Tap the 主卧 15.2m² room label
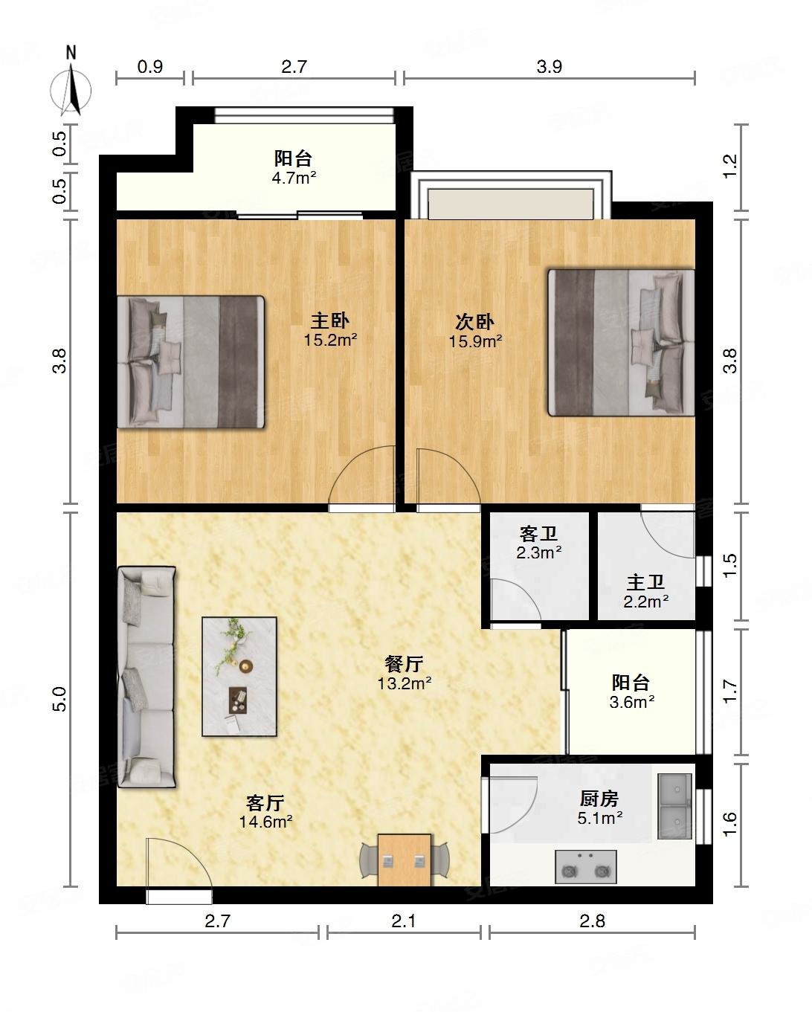(x=330, y=330)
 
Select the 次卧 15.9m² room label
(x=475, y=332)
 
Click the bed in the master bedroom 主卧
(x=190, y=361)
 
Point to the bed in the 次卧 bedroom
(x=622, y=342)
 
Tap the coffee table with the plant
(x=239, y=676)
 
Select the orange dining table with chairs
(x=405, y=860)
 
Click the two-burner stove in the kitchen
(x=586, y=866)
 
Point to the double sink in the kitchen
(x=675, y=807)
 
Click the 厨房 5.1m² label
(x=600, y=808)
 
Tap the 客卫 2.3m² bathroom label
(x=538, y=543)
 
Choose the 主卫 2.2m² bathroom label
(x=646, y=592)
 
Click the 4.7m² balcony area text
(x=294, y=178)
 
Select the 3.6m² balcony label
(x=632, y=702)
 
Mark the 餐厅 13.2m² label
(x=405, y=674)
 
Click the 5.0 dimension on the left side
(x=59, y=699)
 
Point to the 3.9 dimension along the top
(x=549, y=67)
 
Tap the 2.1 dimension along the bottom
(x=404, y=921)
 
